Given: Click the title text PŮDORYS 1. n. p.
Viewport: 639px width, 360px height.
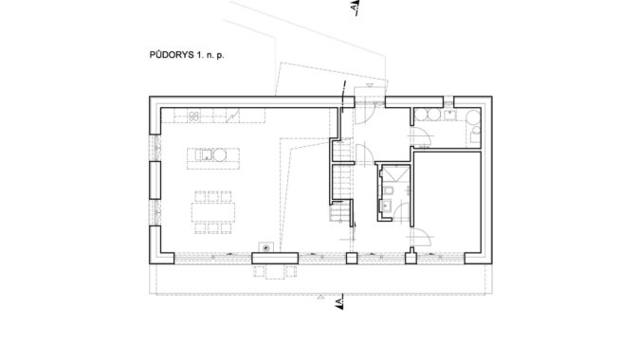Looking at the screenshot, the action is (187, 55).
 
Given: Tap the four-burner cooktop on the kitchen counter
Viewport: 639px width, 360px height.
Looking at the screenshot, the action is (194, 117).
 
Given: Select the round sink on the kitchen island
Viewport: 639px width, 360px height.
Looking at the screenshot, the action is (219, 154).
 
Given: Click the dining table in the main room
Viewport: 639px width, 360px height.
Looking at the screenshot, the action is (213, 212).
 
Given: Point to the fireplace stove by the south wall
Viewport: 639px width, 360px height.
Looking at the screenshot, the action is (266, 247).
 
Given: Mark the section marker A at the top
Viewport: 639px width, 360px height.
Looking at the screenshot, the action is (356, 8).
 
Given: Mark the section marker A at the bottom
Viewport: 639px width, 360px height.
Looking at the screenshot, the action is (339, 302).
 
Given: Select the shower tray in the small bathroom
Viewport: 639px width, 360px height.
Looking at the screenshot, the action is (395, 173).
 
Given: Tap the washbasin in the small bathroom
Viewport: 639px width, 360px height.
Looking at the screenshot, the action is (386, 207).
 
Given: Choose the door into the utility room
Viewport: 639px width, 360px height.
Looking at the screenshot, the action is (420, 136).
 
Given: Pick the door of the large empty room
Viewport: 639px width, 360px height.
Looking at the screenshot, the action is (421, 237).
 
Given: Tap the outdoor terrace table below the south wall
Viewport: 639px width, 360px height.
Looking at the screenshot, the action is (275, 272).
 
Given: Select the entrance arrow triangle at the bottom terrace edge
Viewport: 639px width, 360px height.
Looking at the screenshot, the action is (320, 297).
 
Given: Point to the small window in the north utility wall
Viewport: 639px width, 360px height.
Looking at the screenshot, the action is (448, 101).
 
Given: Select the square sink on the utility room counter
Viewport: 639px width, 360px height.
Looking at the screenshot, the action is (450, 115).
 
